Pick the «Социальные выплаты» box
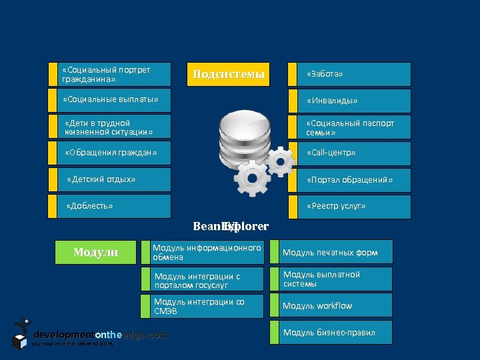(x=110, y=100)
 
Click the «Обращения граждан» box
(x=110, y=153)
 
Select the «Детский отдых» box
(x=110, y=179)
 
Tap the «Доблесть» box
(x=110, y=206)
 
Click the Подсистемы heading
(x=229, y=74)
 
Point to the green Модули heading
(x=95, y=252)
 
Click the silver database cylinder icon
(x=239, y=137)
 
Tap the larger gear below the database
(x=251, y=178)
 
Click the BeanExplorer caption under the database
(x=231, y=227)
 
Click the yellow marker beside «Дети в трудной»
(x=53, y=127)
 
